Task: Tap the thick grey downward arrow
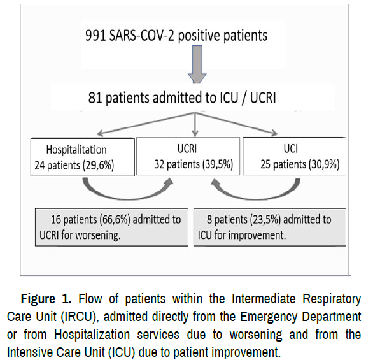197,64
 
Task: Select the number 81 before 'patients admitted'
95,97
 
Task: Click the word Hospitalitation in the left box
76,150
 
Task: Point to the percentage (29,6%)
98,166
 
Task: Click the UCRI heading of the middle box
187,148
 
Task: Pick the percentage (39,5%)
218,164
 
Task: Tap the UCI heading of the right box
291,148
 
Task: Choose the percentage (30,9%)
324,164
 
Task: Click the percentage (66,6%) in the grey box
115,220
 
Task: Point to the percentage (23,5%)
265,220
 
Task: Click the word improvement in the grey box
257,235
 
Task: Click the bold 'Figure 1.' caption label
46,299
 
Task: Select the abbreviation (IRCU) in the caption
79,317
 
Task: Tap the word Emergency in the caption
268,317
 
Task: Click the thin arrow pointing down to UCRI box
195,124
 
